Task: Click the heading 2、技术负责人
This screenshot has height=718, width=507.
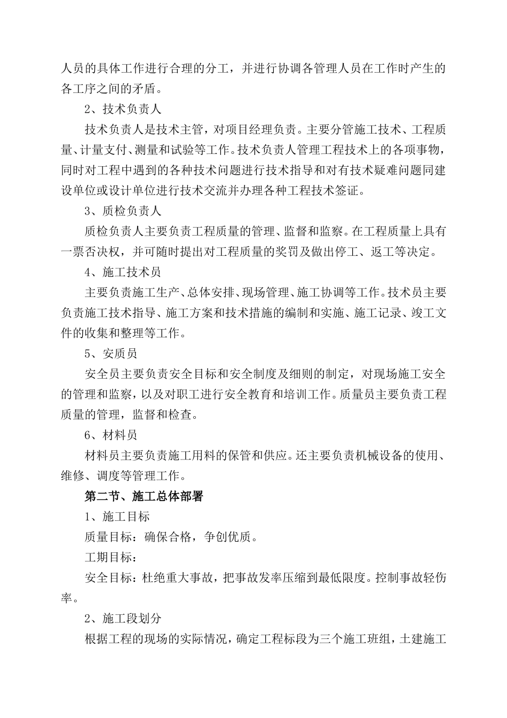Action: coord(123,109)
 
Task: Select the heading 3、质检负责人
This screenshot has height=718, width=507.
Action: coord(123,211)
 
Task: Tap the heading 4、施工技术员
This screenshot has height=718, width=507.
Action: coord(123,272)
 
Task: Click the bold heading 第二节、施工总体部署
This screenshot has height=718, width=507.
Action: coord(144,496)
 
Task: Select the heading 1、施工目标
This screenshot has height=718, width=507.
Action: coord(117,517)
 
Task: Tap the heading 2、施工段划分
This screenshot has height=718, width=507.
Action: coord(123,619)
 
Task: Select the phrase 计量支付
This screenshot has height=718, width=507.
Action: coord(102,150)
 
